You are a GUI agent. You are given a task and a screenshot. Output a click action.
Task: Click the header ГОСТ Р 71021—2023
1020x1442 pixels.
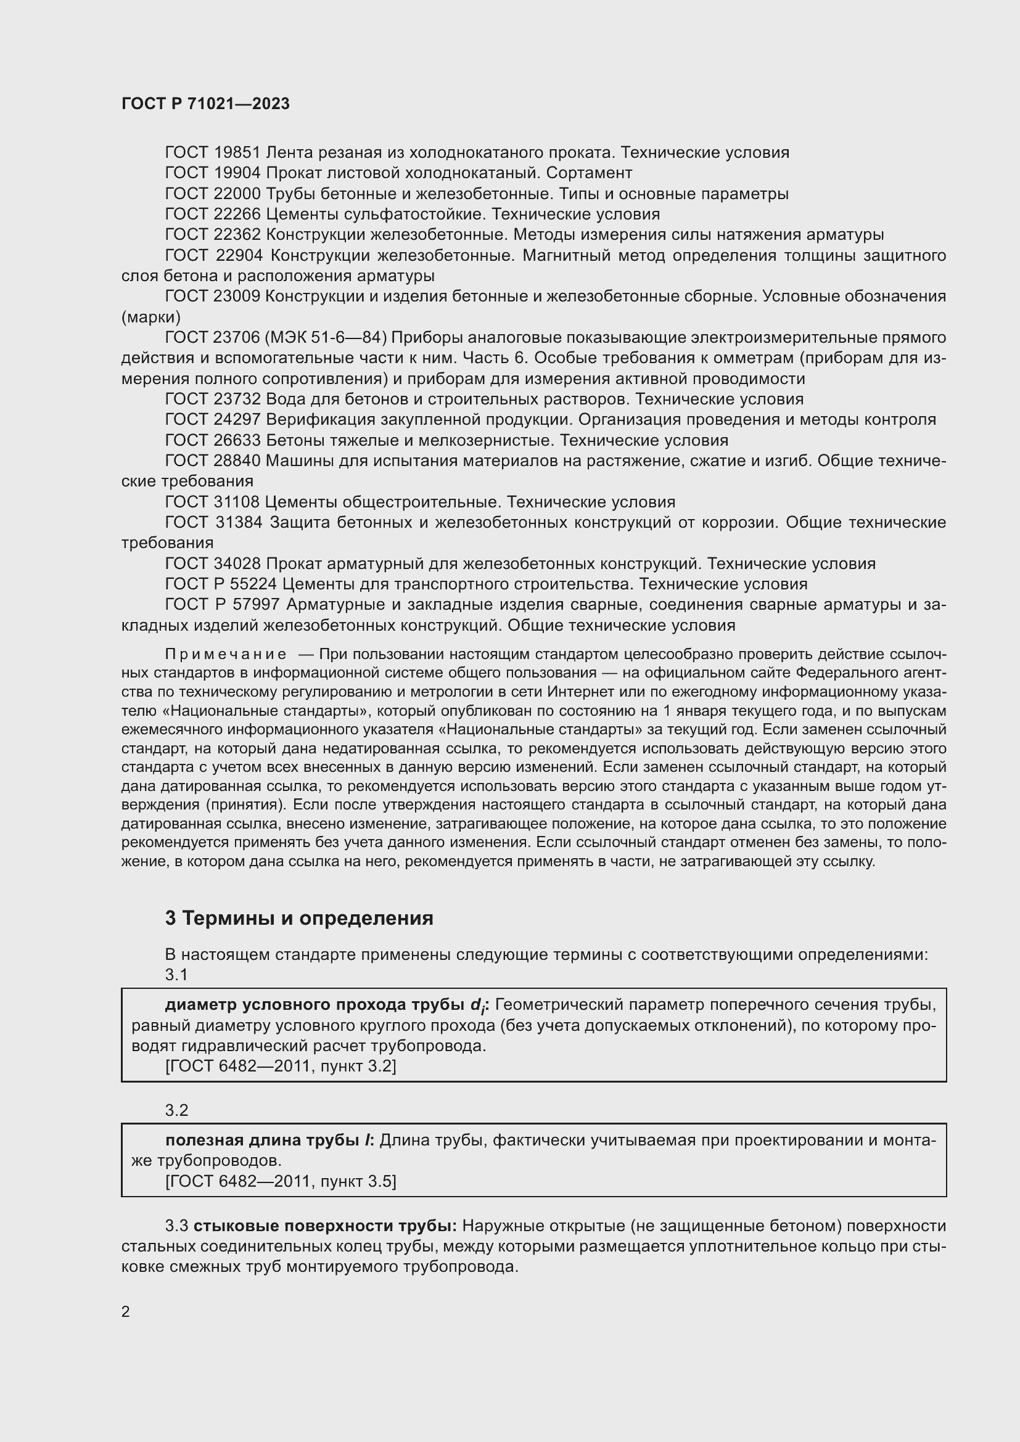point(205,104)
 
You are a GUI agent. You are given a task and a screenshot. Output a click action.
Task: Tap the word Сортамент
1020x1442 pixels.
point(593,173)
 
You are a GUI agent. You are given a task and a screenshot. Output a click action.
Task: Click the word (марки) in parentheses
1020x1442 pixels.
point(150,317)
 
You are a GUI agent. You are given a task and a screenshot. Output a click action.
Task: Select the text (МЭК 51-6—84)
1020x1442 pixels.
point(326,338)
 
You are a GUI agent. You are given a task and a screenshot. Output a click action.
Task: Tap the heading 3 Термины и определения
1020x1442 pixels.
point(299,918)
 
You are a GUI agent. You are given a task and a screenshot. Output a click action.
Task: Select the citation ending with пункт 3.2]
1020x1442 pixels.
point(281,1067)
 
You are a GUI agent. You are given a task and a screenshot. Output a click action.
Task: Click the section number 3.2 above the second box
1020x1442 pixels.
point(176,1110)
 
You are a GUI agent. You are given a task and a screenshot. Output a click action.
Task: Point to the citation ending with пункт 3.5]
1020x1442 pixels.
point(281,1181)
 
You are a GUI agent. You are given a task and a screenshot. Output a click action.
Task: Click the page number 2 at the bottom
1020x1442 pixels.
point(126,1312)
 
